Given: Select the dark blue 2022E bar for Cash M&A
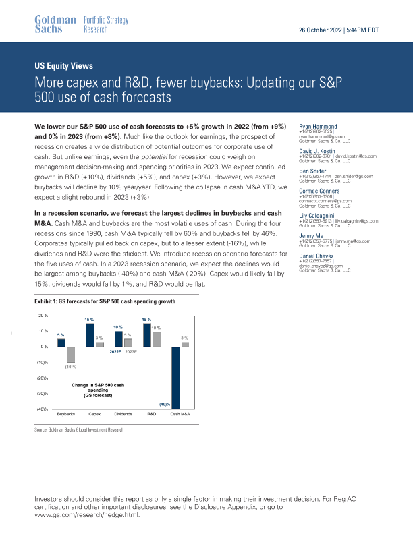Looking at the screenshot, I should pos(175,377).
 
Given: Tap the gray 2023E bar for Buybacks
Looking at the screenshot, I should pos(70,355).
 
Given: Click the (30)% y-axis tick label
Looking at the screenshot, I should pos(41,393).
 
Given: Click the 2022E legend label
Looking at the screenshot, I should pos(115,351).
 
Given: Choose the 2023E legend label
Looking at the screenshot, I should pos(131,351).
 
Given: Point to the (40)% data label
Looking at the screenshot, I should pos(164,404).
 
